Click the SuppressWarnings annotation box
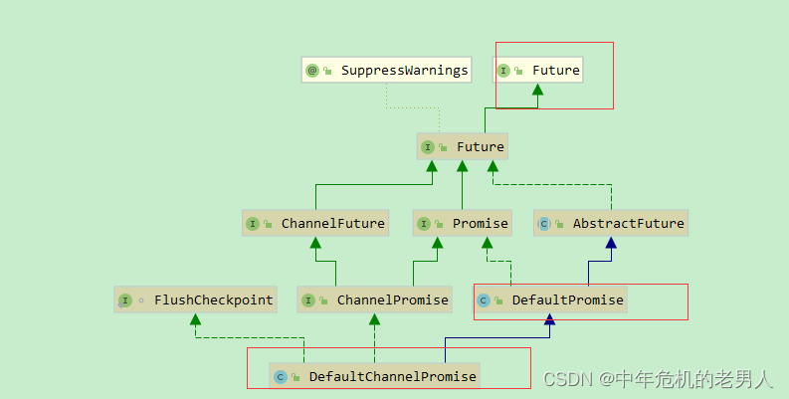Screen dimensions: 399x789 [386, 71]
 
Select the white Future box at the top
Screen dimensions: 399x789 [538, 71]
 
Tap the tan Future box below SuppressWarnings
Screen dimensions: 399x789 [463, 147]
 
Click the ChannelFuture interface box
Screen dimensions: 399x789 [315, 223]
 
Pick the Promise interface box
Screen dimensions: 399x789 [463, 223]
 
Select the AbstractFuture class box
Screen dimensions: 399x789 [611, 223]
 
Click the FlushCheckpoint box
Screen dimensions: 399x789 [196, 299]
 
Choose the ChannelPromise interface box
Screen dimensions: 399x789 [375, 299]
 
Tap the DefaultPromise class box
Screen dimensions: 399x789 [550, 299]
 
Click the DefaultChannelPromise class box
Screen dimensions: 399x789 [375, 376]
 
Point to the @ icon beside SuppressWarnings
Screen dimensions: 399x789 [312, 71]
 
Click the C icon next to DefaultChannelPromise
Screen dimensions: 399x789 [281, 376]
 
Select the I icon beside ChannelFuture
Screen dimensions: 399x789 [253, 223]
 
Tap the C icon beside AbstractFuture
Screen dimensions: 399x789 [544, 223]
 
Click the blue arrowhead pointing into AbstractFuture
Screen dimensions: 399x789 [611, 243]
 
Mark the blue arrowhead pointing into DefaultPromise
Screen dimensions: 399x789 [549, 319]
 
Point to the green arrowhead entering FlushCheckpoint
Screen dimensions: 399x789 [196, 319]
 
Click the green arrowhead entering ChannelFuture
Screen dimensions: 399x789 [315, 243]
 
